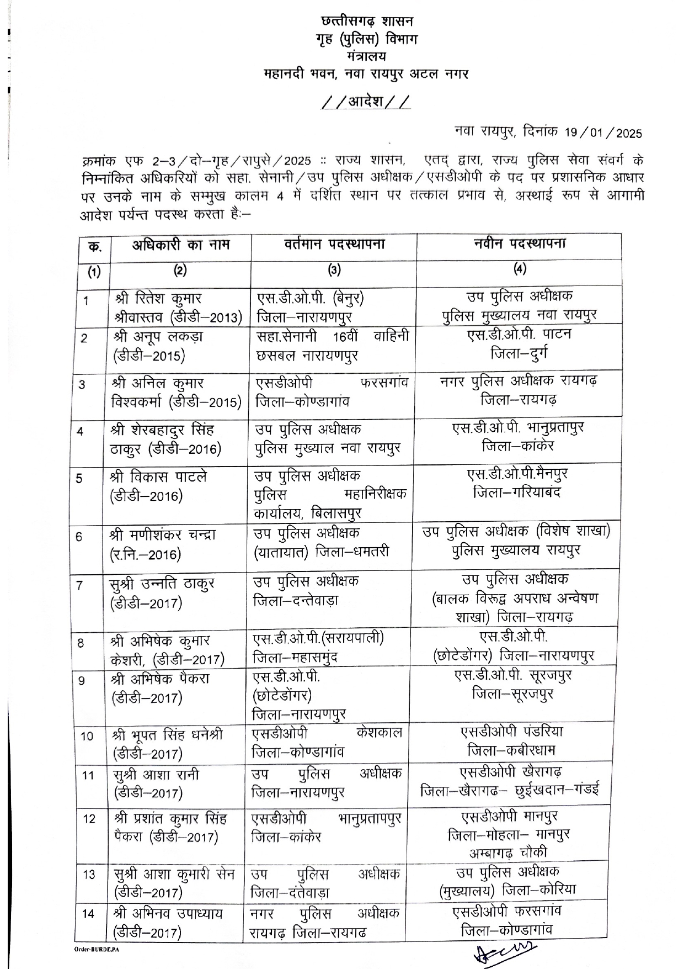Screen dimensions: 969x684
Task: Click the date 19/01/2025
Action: (x=603, y=133)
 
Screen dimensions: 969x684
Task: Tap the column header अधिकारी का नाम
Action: (x=180, y=245)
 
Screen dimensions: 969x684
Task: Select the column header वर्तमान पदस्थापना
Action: (x=334, y=244)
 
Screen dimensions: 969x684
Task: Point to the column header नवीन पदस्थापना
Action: (x=519, y=243)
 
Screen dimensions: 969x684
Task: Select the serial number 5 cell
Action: (x=81, y=478)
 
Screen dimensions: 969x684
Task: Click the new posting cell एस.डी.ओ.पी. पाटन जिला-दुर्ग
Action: (x=519, y=344)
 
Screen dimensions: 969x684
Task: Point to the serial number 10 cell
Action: (x=88, y=736)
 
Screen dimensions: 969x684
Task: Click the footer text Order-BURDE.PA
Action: (x=97, y=948)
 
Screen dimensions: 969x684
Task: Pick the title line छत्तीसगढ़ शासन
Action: (x=367, y=22)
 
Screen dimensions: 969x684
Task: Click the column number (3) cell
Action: (x=334, y=270)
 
